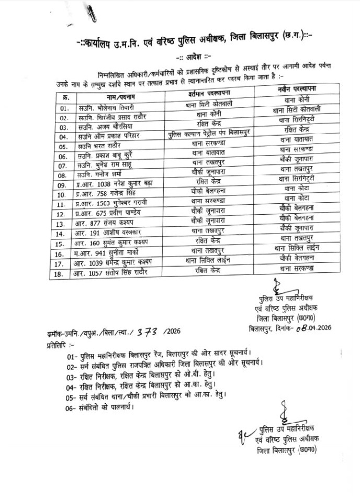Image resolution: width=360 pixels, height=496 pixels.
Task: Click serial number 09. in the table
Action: click(65, 185)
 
